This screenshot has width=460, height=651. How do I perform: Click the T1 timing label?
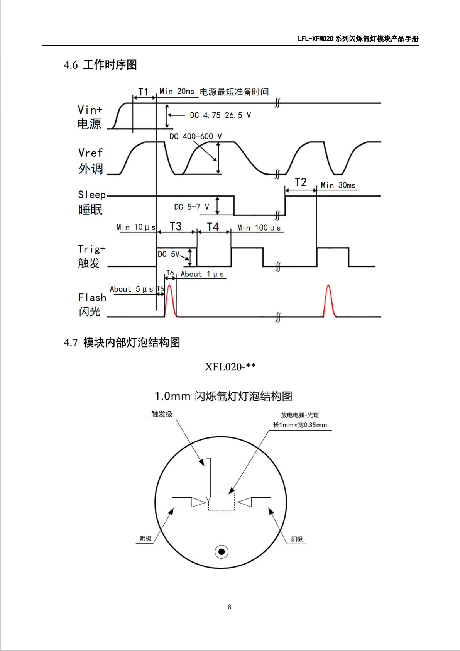(x=143, y=92)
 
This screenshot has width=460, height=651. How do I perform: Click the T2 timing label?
(x=301, y=182)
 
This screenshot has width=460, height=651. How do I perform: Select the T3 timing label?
(x=176, y=226)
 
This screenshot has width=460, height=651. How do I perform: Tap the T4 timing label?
(x=213, y=227)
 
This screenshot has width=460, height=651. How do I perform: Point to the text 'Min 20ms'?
(x=177, y=92)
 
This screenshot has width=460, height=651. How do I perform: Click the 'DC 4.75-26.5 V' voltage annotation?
(x=220, y=115)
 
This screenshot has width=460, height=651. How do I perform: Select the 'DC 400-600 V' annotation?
(x=195, y=136)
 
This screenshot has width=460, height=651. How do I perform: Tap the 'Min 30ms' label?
(x=338, y=185)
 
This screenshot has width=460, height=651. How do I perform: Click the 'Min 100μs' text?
(x=259, y=228)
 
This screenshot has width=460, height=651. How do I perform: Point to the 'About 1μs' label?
(x=202, y=274)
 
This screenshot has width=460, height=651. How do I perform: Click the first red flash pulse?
(x=170, y=300)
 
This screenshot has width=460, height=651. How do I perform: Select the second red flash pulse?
(x=329, y=300)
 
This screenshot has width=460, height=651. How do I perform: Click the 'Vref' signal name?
(x=90, y=153)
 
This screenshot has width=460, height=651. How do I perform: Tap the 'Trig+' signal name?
(x=92, y=249)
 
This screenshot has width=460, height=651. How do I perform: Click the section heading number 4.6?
(x=71, y=65)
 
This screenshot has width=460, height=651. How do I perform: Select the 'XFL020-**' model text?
(x=230, y=366)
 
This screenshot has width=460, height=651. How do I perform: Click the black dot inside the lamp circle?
(x=222, y=552)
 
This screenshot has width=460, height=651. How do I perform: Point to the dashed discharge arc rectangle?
(x=222, y=493)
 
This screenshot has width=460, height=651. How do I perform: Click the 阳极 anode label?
(x=297, y=539)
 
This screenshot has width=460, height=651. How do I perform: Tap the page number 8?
(x=229, y=607)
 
